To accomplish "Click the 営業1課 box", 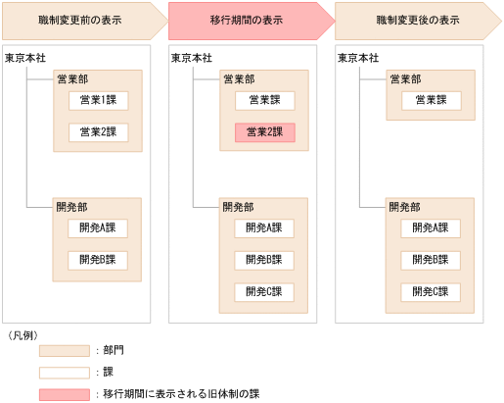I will coord(98,100).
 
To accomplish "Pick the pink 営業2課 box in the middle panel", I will coord(264,132).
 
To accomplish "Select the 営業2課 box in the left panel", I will coord(98,132).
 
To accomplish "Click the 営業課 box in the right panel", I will coord(431,100).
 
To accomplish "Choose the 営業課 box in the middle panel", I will coord(264,100).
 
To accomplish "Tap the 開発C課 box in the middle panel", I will coord(264,292).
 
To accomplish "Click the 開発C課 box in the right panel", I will coord(431,292).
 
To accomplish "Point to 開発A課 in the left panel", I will coord(98,227).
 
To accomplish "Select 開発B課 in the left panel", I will coord(98,260).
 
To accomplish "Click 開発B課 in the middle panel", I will coord(264,260).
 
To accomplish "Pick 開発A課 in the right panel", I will coord(431,227).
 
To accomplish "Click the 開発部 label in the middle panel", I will coord(239,207).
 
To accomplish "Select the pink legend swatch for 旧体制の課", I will coord(65,394).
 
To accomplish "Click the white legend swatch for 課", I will coord(65,372).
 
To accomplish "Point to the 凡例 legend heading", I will coord(23,334).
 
